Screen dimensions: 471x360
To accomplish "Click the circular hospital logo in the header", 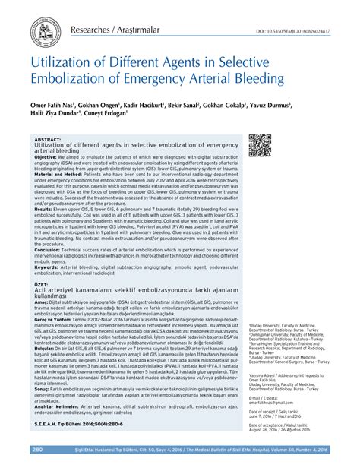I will coord(45,31).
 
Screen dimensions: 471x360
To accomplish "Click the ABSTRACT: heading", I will coord(48,140).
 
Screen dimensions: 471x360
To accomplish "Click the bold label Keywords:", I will coord(50,267).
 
